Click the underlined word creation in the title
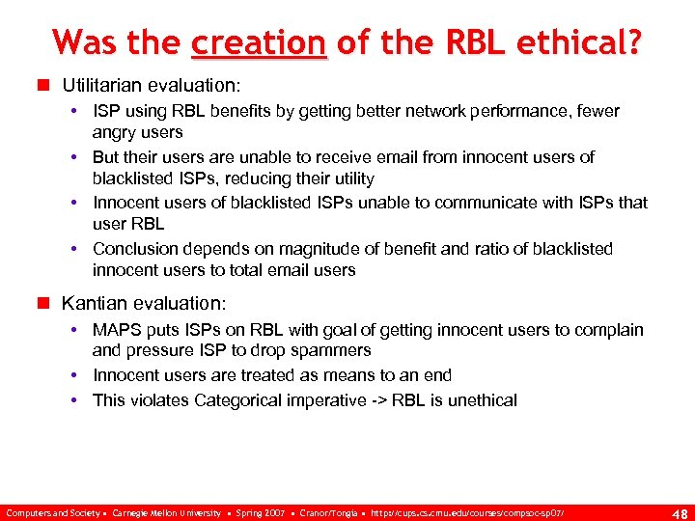tap(259, 42)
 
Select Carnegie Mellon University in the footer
tap(166, 512)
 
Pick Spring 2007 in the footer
tap(259, 512)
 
